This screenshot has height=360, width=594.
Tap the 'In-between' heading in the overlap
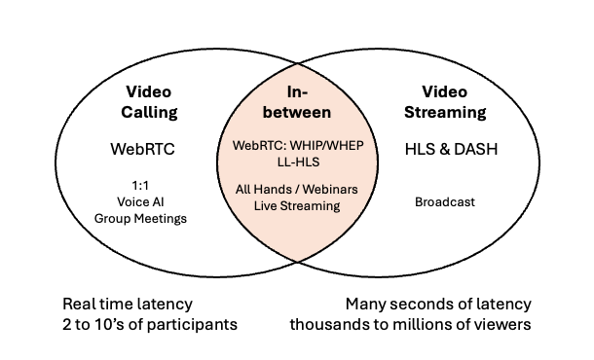(297, 102)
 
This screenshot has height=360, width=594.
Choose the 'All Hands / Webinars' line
(297, 190)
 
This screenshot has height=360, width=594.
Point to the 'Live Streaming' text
(297, 206)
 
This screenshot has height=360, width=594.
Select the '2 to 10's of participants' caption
(149, 324)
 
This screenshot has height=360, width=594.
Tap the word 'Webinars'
(329, 190)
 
